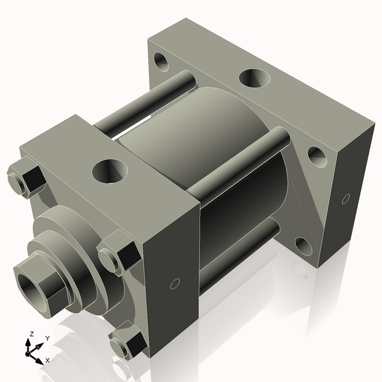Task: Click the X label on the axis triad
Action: click(46, 360)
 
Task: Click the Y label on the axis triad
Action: click(47, 338)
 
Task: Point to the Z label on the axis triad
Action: click(32, 333)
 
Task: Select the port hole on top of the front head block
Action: click(110, 170)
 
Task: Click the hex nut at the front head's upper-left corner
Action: click(26, 180)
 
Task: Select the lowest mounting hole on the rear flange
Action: click(304, 246)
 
